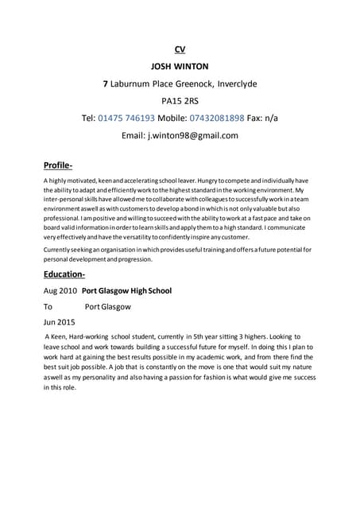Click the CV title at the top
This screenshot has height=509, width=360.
tap(180, 50)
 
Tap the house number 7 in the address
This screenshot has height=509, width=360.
tap(106, 84)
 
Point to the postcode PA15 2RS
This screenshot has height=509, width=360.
tap(180, 101)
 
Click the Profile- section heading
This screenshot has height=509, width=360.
tap(57, 165)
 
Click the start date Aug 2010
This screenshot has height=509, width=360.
tap(60, 291)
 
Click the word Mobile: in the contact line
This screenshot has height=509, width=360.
tap(177, 119)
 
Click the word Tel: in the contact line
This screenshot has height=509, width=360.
tap(89, 119)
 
